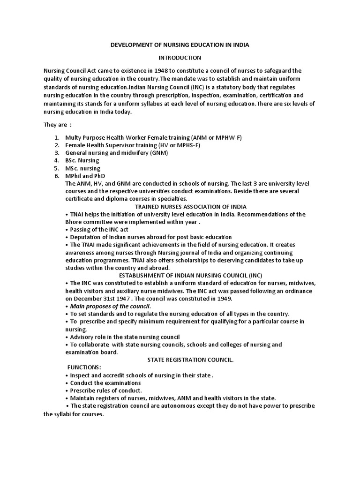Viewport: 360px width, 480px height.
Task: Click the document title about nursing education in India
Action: click(180, 45)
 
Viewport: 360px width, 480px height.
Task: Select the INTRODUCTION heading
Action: click(180, 58)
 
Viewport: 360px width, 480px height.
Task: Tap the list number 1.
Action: click(56, 137)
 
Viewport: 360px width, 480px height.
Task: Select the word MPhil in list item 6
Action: click(74, 176)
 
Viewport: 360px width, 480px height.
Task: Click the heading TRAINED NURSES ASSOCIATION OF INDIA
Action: click(190, 206)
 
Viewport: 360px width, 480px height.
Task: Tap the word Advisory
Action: click(83, 337)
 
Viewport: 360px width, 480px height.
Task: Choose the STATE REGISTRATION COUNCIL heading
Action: click(190, 360)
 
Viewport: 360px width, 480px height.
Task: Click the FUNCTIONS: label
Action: click(84, 367)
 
